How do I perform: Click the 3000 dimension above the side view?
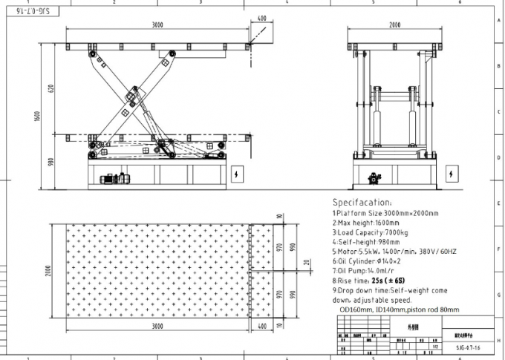coord(157,24)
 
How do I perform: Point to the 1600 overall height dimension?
coord(36,115)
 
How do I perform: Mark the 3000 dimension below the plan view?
coord(157,325)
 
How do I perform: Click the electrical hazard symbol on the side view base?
coord(237,175)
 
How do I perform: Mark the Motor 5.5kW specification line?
coord(394,251)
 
